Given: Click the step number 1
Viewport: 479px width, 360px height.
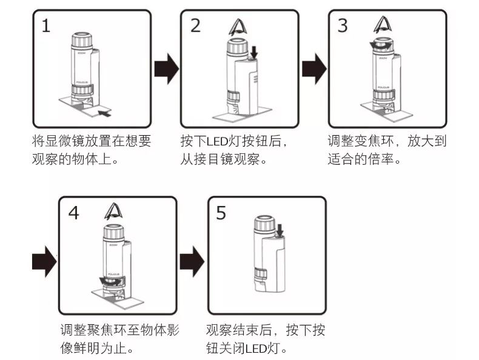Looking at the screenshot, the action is click(46, 25).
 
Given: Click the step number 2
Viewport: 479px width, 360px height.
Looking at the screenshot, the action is click(195, 25).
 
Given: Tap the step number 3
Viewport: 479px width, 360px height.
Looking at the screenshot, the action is click(343, 25).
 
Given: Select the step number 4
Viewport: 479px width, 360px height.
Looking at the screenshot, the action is click(73, 213).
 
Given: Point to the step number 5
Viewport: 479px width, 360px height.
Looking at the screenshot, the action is click(221, 213).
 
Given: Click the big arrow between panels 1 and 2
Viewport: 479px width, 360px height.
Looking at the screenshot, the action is click(167, 68).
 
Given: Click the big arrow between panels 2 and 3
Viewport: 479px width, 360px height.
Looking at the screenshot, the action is click(314, 68).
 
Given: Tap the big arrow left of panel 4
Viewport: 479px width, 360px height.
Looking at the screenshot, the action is click(44, 261).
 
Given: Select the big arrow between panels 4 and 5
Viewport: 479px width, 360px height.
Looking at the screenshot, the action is click(192, 261).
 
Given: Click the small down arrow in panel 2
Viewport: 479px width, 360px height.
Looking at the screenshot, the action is click(253, 52).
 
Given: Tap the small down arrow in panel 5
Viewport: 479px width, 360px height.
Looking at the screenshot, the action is click(280, 230).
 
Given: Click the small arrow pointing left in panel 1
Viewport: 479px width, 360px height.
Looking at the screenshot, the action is click(104, 113).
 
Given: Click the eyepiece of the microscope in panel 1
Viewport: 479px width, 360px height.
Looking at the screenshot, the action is click(82, 40).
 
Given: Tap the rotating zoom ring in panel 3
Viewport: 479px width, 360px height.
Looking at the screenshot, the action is click(381, 45).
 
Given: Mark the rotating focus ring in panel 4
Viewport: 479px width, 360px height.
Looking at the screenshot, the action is click(112, 281).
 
